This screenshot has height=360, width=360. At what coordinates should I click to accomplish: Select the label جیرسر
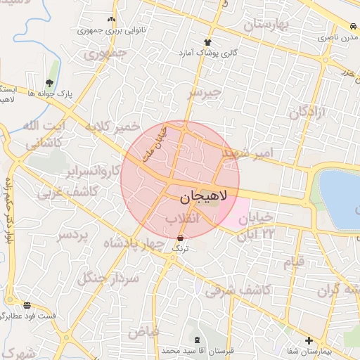[205, 92]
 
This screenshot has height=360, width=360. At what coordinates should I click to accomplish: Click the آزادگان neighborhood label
[308, 112]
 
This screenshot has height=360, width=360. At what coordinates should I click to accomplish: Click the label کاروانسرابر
[91, 172]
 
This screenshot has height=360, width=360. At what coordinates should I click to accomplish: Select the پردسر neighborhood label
[75, 234]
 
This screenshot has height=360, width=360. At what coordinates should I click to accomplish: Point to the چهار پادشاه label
[134, 243]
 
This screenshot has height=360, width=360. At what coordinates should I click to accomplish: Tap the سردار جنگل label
[110, 278]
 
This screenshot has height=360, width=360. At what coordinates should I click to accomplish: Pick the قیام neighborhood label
[294, 262]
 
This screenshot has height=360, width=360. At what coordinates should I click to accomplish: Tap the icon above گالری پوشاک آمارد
[207, 42]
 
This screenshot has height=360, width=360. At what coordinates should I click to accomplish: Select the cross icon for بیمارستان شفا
[309, 340]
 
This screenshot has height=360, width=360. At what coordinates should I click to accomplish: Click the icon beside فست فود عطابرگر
[27, 305]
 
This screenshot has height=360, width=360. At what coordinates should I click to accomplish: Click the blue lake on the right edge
[342, 197]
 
